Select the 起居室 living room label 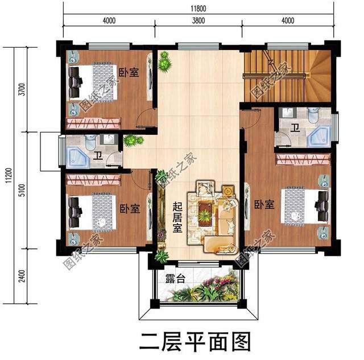pos(177,220)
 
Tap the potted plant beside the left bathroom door pos(132,139)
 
